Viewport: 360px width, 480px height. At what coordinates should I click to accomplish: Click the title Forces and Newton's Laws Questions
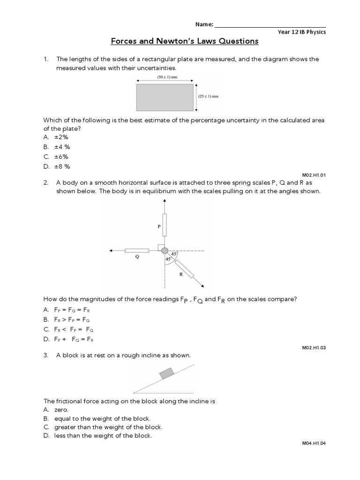coord(184,41)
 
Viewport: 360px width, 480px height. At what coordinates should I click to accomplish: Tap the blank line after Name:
coord(270,24)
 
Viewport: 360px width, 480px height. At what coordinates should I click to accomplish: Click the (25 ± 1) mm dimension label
coord(209,97)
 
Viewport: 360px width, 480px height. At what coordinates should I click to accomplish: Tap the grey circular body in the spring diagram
coord(165,251)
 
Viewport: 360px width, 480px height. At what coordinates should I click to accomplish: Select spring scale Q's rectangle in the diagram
coord(137,251)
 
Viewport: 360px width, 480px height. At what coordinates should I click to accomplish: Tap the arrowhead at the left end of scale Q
coord(111,251)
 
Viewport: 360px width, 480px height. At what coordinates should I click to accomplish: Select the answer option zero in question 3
coord(61,410)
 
